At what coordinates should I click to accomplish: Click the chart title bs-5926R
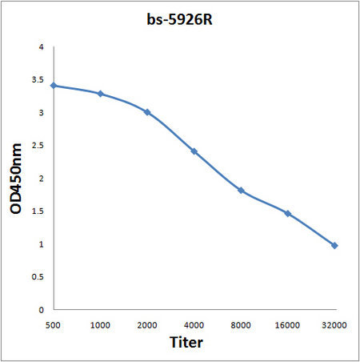coord(179,19)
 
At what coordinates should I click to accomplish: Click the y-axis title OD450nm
coord(16,179)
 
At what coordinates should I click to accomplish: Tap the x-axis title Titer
coord(186,342)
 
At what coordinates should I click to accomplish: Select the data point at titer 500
coord(54,86)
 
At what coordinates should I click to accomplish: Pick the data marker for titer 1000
coord(101,94)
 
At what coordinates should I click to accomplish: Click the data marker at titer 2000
coord(147,112)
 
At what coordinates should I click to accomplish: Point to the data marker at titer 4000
coord(194,151)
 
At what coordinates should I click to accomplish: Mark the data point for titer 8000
coord(241,191)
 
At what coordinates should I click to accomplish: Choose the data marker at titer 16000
coord(288,214)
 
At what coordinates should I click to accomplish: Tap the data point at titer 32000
coord(334,246)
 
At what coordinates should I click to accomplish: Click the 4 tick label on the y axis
coord(41,47)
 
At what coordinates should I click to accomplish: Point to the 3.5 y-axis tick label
coord(38,80)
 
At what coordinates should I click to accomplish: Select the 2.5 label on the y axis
coord(38,146)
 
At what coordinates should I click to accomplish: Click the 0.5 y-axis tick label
coord(38,277)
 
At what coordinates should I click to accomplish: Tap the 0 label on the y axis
coord(41,310)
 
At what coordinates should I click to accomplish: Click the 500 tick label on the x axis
coord(53,325)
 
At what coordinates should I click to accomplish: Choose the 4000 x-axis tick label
coord(194,325)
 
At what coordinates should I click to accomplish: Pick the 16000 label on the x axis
coord(287,325)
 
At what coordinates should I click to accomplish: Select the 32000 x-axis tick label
coord(334,325)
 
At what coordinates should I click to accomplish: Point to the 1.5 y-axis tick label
coord(38,211)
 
